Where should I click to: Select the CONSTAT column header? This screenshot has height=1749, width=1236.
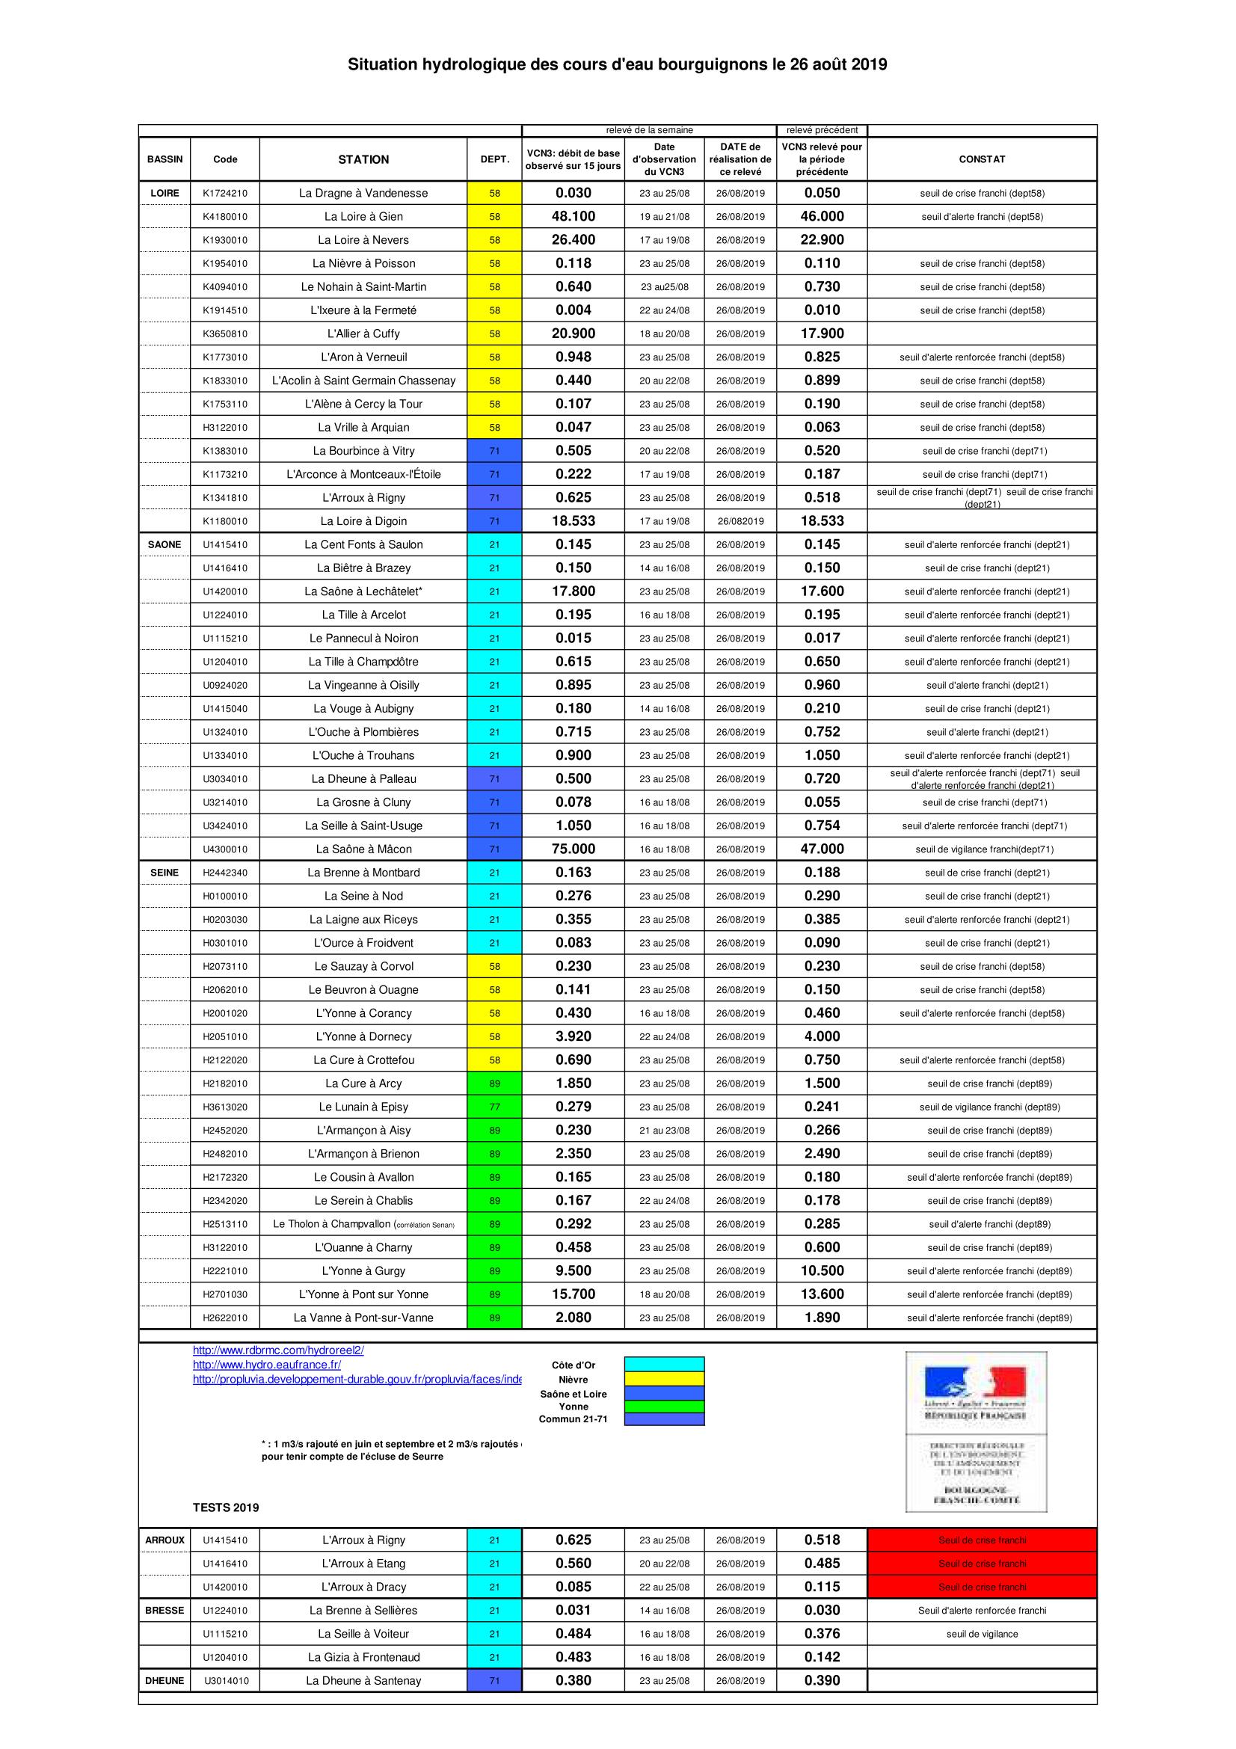click(x=982, y=159)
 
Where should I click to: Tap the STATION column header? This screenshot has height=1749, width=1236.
click(x=363, y=159)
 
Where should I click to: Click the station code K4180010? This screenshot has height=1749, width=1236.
click(x=224, y=217)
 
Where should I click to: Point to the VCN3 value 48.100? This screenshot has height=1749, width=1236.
click(x=573, y=216)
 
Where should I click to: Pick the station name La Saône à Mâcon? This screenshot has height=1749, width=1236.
click(x=363, y=849)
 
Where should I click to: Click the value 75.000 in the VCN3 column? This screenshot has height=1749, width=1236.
click(x=573, y=849)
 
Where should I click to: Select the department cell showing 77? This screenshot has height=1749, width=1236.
click(x=494, y=1107)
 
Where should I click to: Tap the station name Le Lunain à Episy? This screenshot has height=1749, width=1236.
click(x=363, y=1107)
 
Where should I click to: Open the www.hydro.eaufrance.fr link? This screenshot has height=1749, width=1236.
click(x=266, y=1365)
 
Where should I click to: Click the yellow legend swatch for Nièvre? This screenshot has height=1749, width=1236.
click(x=664, y=1380)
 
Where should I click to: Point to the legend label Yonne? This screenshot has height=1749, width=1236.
click(x=573, y=1407)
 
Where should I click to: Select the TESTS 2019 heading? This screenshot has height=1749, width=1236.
click(x=225, y=1507)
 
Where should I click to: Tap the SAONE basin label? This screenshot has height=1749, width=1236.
click(x=165, y=544)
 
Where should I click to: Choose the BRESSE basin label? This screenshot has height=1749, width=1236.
click(x=165, y=1611)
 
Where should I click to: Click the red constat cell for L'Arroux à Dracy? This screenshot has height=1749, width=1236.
click(x=982, y=1587)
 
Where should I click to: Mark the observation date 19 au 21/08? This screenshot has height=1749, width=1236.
click(x=664, y=217)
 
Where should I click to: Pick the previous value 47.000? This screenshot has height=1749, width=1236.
click(x=822, y=849)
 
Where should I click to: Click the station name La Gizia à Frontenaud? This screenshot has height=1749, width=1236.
click(x=363, y=1657)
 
